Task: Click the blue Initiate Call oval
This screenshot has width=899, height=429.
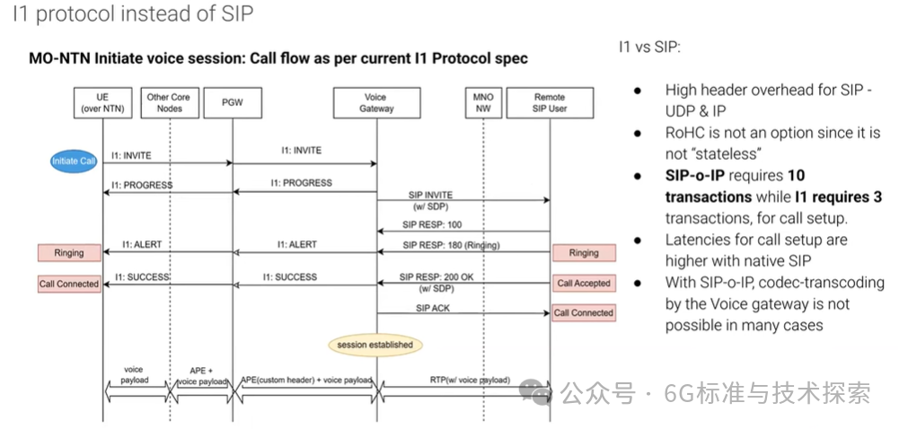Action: pyautogui.click(x=74, y=161)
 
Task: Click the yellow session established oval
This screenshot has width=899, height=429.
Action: pyautogui.click(x=375, y=344)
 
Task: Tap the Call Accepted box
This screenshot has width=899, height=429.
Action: pyautogui.click(x=584, y=284)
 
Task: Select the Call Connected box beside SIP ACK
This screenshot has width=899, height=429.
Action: pyautogui.click(x=584, y=313)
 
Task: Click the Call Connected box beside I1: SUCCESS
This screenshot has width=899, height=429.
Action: pyautogui.click(x=69, y=284)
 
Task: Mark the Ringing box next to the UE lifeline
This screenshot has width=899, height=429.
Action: pyautogui.click(x=69, y=253)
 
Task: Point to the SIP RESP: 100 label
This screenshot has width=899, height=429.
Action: pyautogui.click(x=433, y=224)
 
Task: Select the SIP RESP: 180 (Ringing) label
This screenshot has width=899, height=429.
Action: pyautogui.click(x=450, y=245)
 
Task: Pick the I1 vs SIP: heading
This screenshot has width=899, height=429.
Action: pyautogui.click(x=649, y=47)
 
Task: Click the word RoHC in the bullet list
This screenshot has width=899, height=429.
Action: pyautogui.click(x=687, y=132)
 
